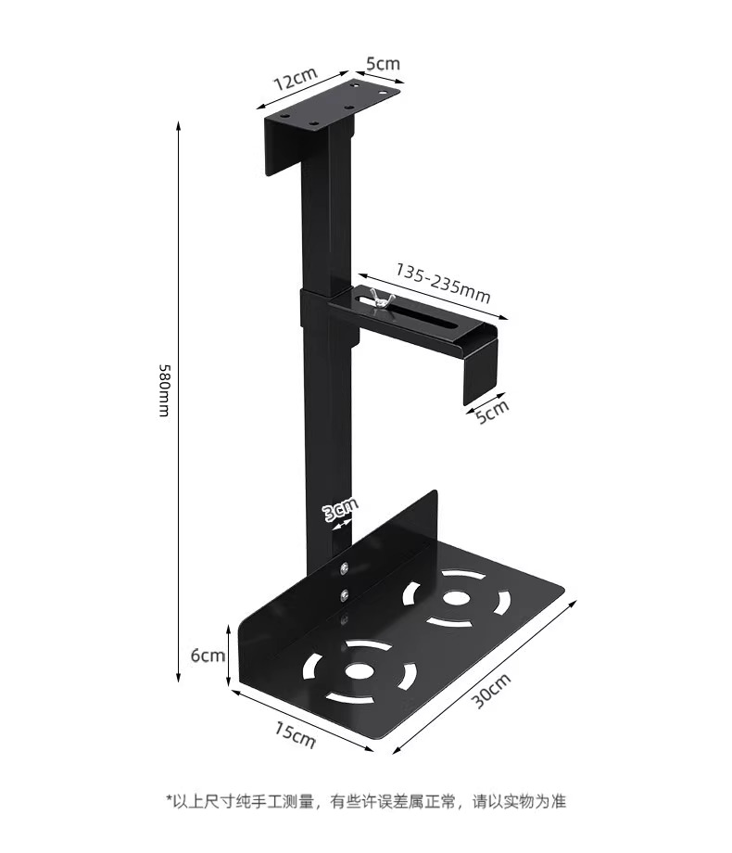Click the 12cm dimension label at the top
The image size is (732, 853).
[295, 80]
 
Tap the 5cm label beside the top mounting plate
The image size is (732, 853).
[382, 64]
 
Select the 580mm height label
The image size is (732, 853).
[163, 389]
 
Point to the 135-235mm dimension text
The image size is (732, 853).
[443, 283]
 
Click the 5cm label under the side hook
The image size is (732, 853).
[492, 409]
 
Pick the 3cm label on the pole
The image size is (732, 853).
[339, 509]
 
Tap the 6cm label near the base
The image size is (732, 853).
[207, 655]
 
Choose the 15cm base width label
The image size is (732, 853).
[295, 734]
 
